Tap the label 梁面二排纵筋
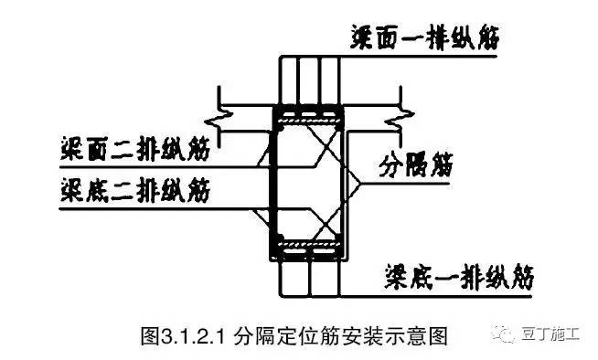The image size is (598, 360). pyautogui.click(x=132, y=145)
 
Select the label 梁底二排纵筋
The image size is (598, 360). pyautogui.click(x=132, y=190)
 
